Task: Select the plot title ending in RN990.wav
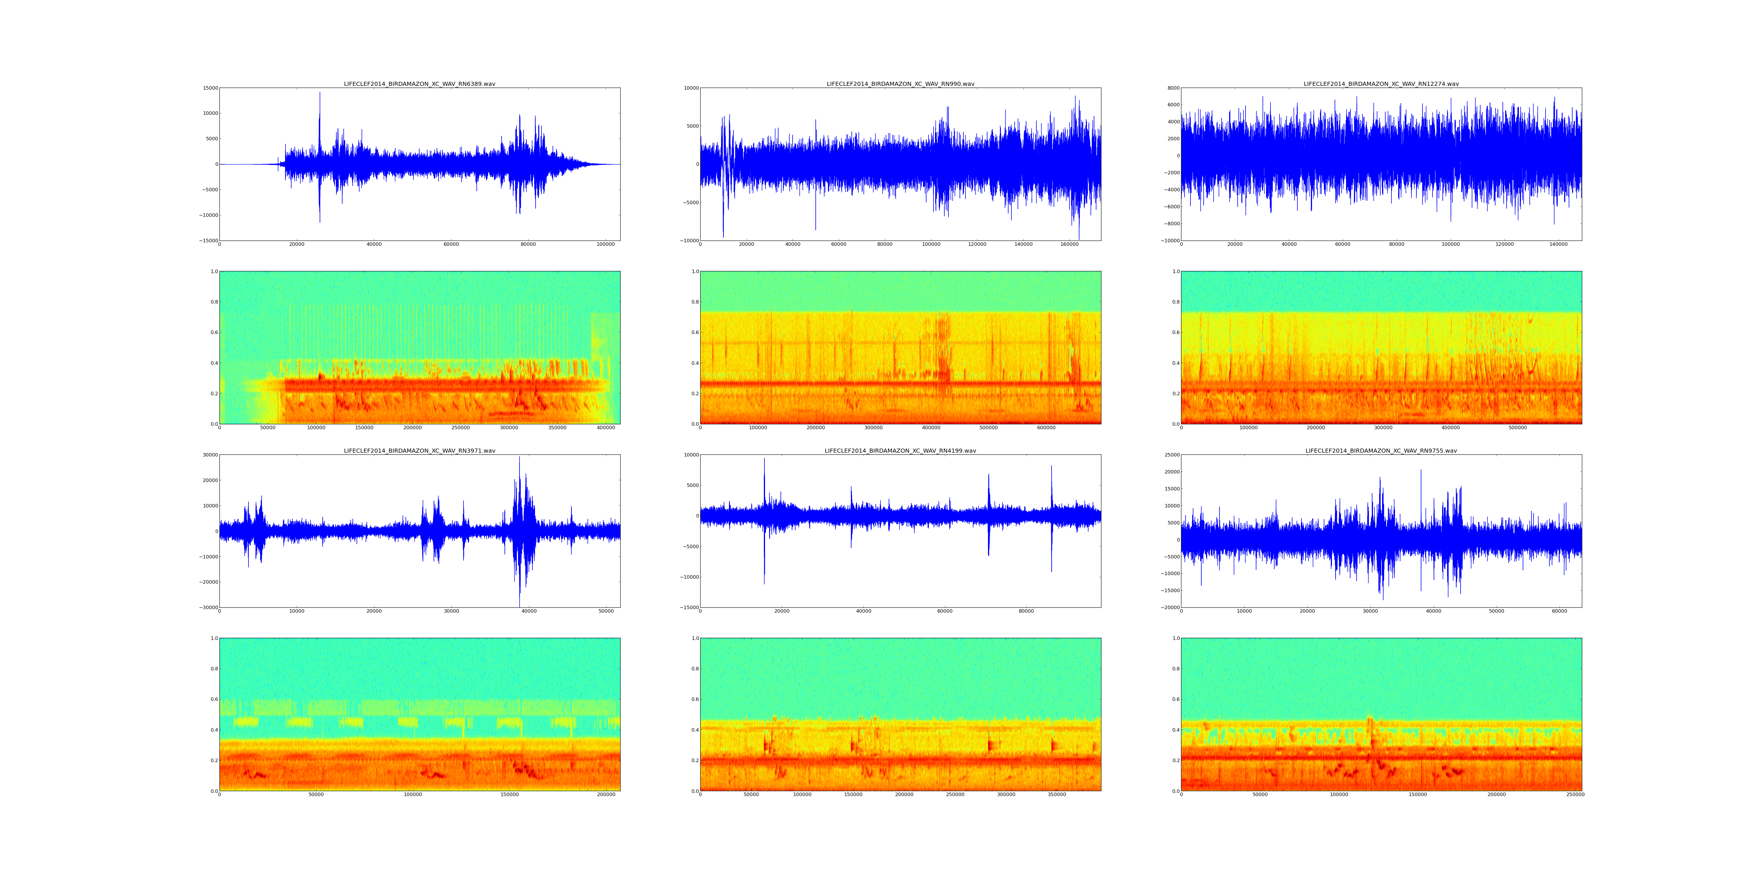coord(900,84)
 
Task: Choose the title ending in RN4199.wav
coord(900,450)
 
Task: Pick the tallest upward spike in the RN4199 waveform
coord(764,459)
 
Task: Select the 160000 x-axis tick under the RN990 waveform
coord(1069,244)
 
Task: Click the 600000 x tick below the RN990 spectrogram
coord(1046,428)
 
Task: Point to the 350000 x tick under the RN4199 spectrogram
coord(1057,794)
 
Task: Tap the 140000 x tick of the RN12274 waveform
coord(1558,244)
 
